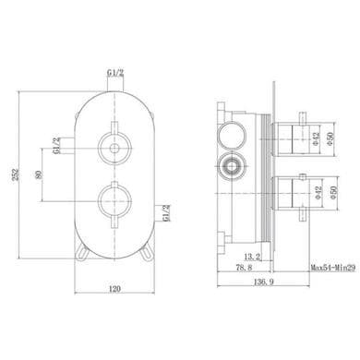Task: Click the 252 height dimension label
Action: (x=18, y=174)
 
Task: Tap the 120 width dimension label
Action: (x=114, y=289)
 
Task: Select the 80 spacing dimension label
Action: (x=39, y=174)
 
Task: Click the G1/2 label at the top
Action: (x=115, y=73)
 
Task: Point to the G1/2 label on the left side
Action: (x=56, y=146)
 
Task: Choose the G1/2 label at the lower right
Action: (x=166, y=213)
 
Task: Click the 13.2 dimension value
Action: (x=252, y=256)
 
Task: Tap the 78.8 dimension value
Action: (x=244, y=268)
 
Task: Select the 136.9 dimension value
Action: (x=263, y=282)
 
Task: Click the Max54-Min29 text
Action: (x=332, y=268)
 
